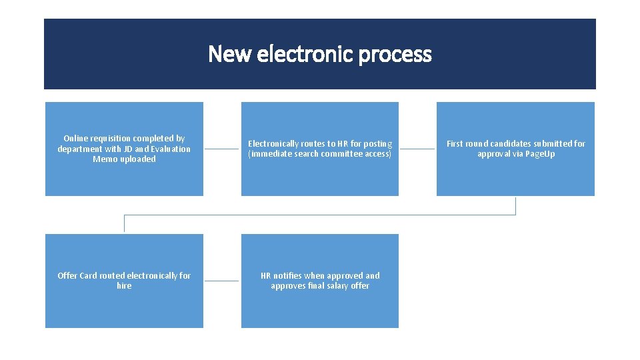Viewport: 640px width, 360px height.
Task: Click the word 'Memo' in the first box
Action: pyautogui.click(x=105, y=159)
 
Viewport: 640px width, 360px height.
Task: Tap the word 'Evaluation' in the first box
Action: pyautogui.click(x=169, y=149)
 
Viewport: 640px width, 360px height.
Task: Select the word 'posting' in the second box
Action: pyautogui.click(x=379, y=144)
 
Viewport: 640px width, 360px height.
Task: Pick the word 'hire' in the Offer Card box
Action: pyautogui.click(x=124, y=286)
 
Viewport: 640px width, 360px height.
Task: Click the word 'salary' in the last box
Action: pyautogui.click(x=339, y=286)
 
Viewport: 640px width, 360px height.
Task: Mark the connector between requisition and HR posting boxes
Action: pyautogui.click(x=221, y=149)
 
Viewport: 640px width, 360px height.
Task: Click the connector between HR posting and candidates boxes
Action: pyautogui.click(x=417, y=149)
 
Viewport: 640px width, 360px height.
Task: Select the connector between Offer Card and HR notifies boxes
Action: pyautogui.click(x=221, y=281)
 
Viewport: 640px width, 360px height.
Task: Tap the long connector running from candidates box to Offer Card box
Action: pyautogui.click(x=320, y=215)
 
